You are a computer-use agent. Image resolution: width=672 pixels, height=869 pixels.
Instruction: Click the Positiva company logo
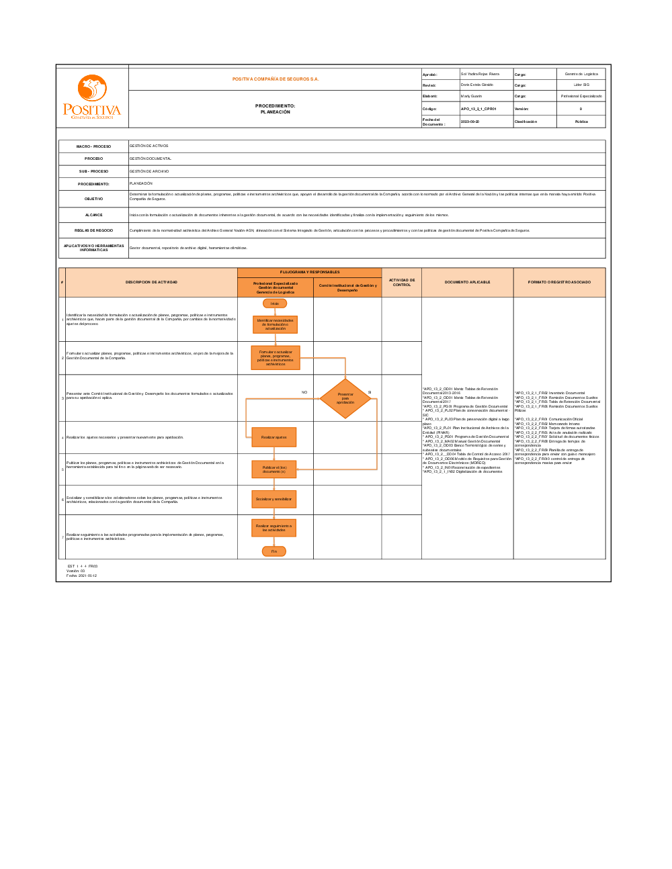coord(92,98)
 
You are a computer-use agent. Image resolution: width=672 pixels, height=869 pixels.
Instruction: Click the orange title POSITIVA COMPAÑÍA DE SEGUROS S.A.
coord(276,79)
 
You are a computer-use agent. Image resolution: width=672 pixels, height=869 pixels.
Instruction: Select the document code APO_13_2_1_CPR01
coord(478,109)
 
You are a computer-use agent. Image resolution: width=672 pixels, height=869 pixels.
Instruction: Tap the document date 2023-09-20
coord(470,122)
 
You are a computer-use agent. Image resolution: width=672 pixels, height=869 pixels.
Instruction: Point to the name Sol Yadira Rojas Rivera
coord(480,74)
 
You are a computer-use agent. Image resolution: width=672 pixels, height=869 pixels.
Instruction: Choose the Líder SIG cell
coord(581,85)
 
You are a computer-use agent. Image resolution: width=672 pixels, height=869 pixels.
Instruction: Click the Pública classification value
coord(581,122)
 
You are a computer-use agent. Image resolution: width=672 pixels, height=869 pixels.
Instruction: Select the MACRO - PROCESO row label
coord(93,146)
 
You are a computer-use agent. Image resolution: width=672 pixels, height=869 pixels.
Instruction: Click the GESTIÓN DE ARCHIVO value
coord(149,171)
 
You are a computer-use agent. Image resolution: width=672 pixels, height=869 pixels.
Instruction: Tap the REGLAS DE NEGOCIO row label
coord(93,230)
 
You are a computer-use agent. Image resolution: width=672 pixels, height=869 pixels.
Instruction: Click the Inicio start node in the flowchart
coord(275,304)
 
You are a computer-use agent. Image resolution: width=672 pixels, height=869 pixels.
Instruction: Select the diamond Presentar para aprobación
coord(345,398)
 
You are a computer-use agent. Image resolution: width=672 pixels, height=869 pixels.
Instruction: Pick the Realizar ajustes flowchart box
coord(274,437)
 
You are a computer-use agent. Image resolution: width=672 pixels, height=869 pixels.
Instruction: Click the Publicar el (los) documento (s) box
coord(274,469)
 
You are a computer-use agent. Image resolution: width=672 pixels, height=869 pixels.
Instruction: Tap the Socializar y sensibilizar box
coord(274,499)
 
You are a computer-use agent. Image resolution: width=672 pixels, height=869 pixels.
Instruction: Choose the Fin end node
coord(274,551)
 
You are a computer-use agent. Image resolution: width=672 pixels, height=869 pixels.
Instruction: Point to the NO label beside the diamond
coord(304,392)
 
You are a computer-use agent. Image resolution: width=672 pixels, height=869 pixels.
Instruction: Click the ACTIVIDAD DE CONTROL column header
coord(402,283)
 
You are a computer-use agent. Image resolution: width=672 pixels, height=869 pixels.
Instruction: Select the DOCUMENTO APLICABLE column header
coord(467,282)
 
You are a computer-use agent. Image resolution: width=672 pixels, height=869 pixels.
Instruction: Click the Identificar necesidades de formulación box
coord(275,324)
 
